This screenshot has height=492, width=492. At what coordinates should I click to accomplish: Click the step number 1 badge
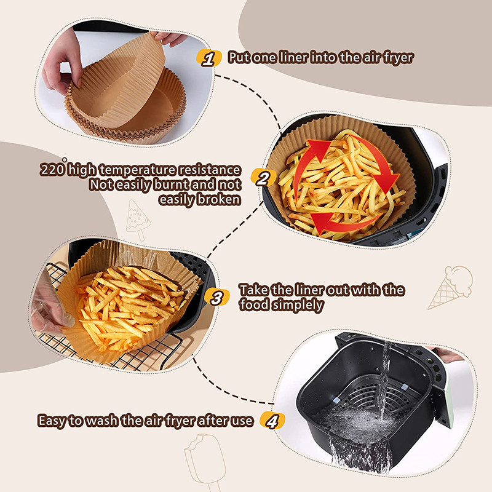(x=210, y=59)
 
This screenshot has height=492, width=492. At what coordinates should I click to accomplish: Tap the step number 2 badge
(x=263, y=179)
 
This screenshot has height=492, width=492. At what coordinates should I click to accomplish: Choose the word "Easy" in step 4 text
(x=52, y=421)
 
